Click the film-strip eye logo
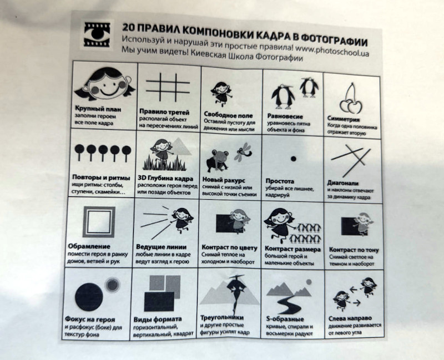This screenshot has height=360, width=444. click(x=97, y=34)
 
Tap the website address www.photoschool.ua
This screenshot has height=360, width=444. click(x=332, y=50)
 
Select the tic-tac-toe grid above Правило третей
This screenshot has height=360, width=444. click(x=168, y=87)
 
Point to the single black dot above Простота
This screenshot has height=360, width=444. click(x=294, y=159)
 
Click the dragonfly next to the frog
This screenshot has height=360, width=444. click(x=243, y=152)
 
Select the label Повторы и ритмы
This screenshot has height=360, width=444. click(x=101, y=178)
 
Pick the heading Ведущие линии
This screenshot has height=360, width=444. click(x=161, y=247)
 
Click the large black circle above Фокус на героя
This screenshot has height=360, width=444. click(x=89, y=297)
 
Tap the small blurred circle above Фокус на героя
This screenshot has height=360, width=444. click(x=113, y=285)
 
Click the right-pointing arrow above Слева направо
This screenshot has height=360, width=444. click(x=356, y=303)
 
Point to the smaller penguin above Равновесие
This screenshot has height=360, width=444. click(x=309, y=87)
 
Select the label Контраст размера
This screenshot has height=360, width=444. click(x=292, y=249)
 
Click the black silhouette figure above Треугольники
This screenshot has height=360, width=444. click(x=236, y=293)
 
